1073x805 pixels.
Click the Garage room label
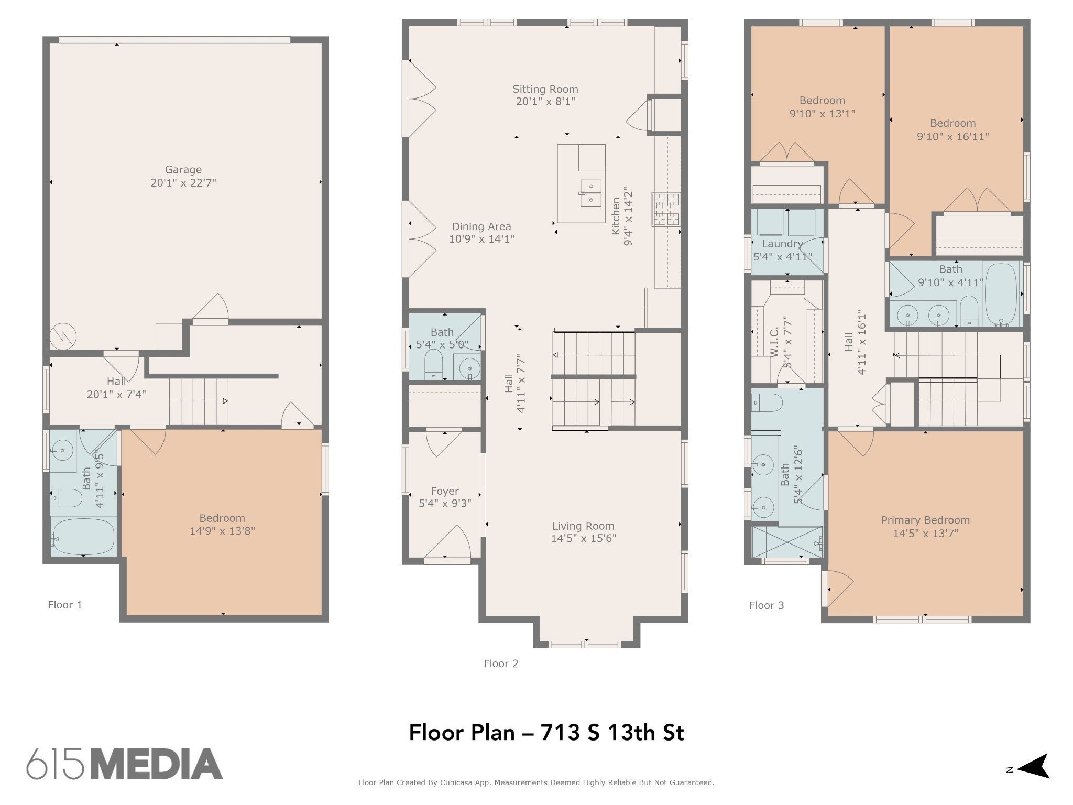pos(183,170)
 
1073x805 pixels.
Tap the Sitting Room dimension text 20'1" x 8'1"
pos(545,102)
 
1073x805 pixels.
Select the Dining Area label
pos(481,226)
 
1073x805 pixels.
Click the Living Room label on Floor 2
pos(583,526)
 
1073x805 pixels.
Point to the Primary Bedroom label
pos(925,520)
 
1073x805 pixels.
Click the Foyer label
pos(445,492)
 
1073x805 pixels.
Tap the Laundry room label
pos(782,244)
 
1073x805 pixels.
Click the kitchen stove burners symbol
pos(666,210)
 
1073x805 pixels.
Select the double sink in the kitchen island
pos(590,193)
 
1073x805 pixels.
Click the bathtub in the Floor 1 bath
pos(83,536)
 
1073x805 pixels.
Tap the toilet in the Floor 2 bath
pos(434,364)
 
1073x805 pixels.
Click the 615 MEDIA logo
pos(125,764)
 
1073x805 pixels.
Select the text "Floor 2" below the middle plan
pos(501,663)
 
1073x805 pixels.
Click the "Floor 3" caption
pos(767,605)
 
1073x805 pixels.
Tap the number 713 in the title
pos(559,732)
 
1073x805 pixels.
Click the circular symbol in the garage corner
pos(63,336)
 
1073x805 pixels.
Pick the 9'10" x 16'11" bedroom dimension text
pos(953,137)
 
